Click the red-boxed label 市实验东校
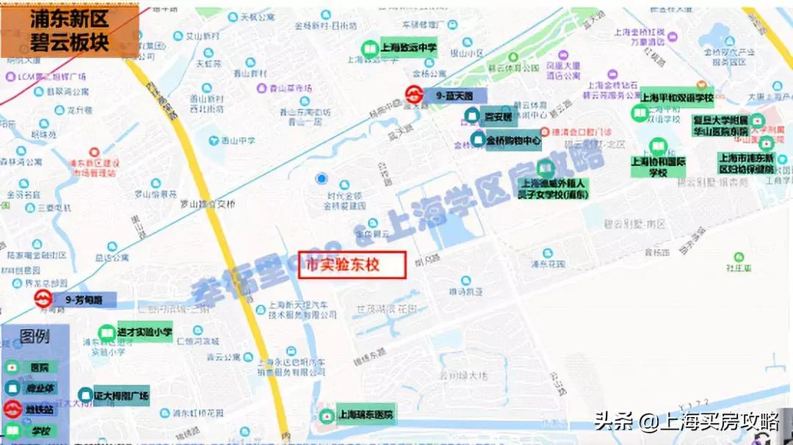click(x=352, y=265)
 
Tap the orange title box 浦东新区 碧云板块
click(x=70, y=30)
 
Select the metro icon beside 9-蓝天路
click(x=415, y=95)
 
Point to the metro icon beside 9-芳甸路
click(x=44, y=300)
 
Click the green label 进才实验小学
click(x=144, y=333)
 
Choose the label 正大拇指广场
click(x=121, y=395)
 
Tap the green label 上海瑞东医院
click(x=366, y=415)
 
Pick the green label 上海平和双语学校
click(x=677, y=97)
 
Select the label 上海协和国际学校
click(x=658, y=167)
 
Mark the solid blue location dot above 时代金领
click(x=321, y=178)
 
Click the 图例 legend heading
click(x=35, y=338)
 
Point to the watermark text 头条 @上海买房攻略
click(x=687, y=422)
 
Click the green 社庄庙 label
click(x=738, y=268)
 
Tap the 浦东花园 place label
click(x=548, y=263)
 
